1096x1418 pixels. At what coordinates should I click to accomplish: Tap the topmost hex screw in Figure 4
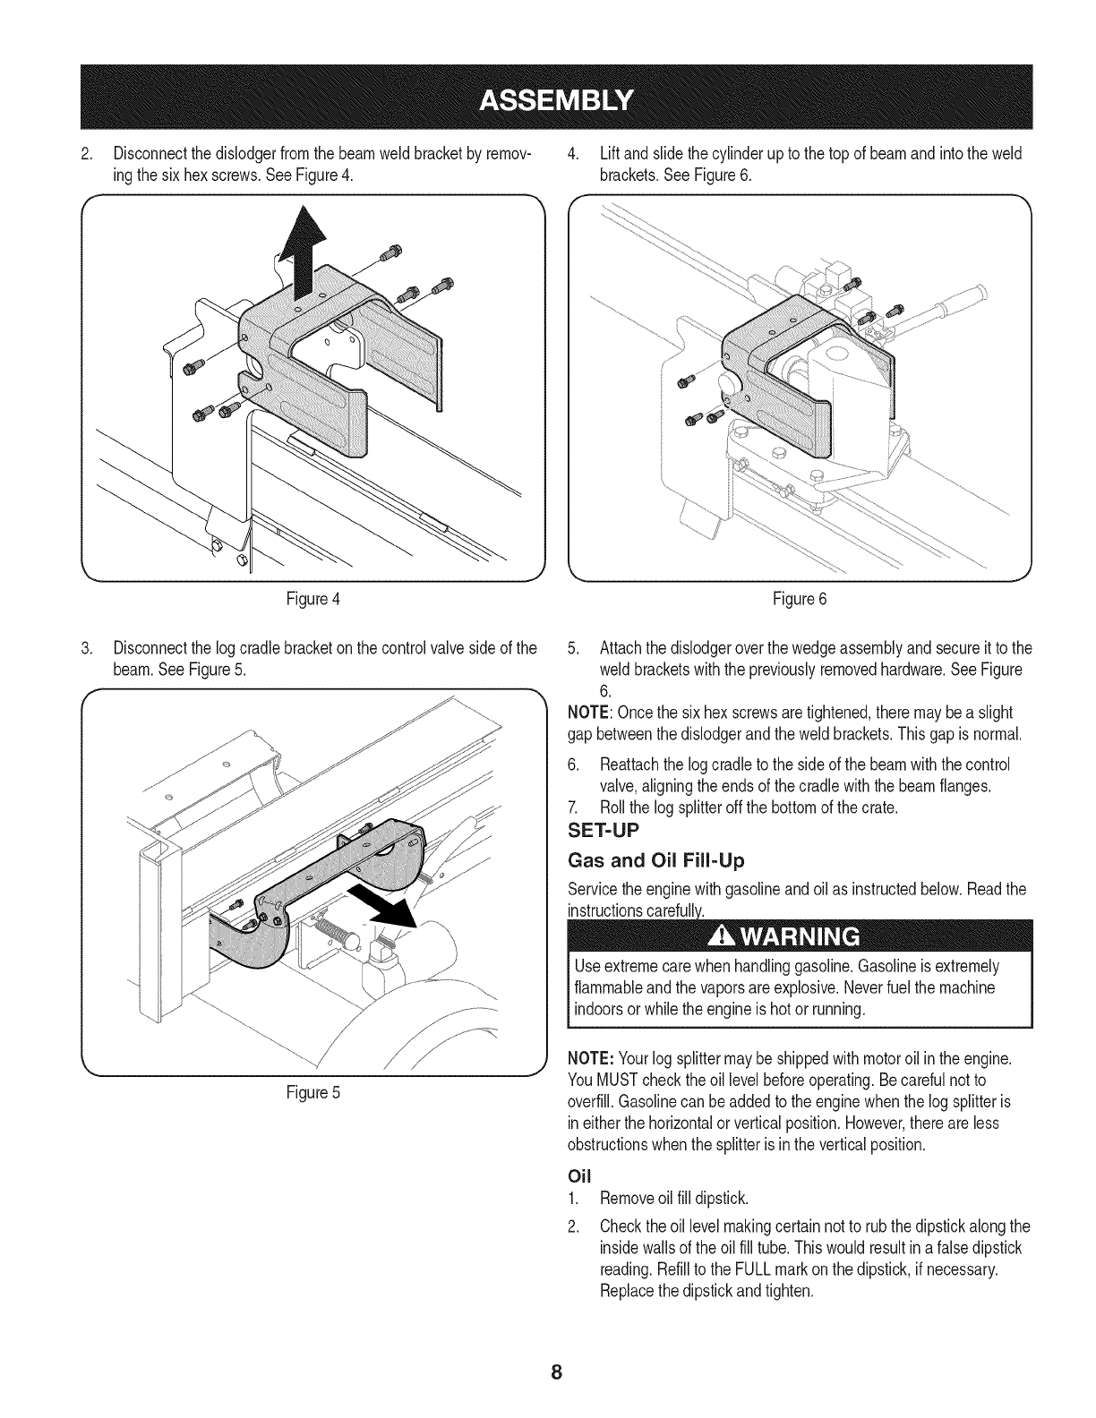tap(390, 253)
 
